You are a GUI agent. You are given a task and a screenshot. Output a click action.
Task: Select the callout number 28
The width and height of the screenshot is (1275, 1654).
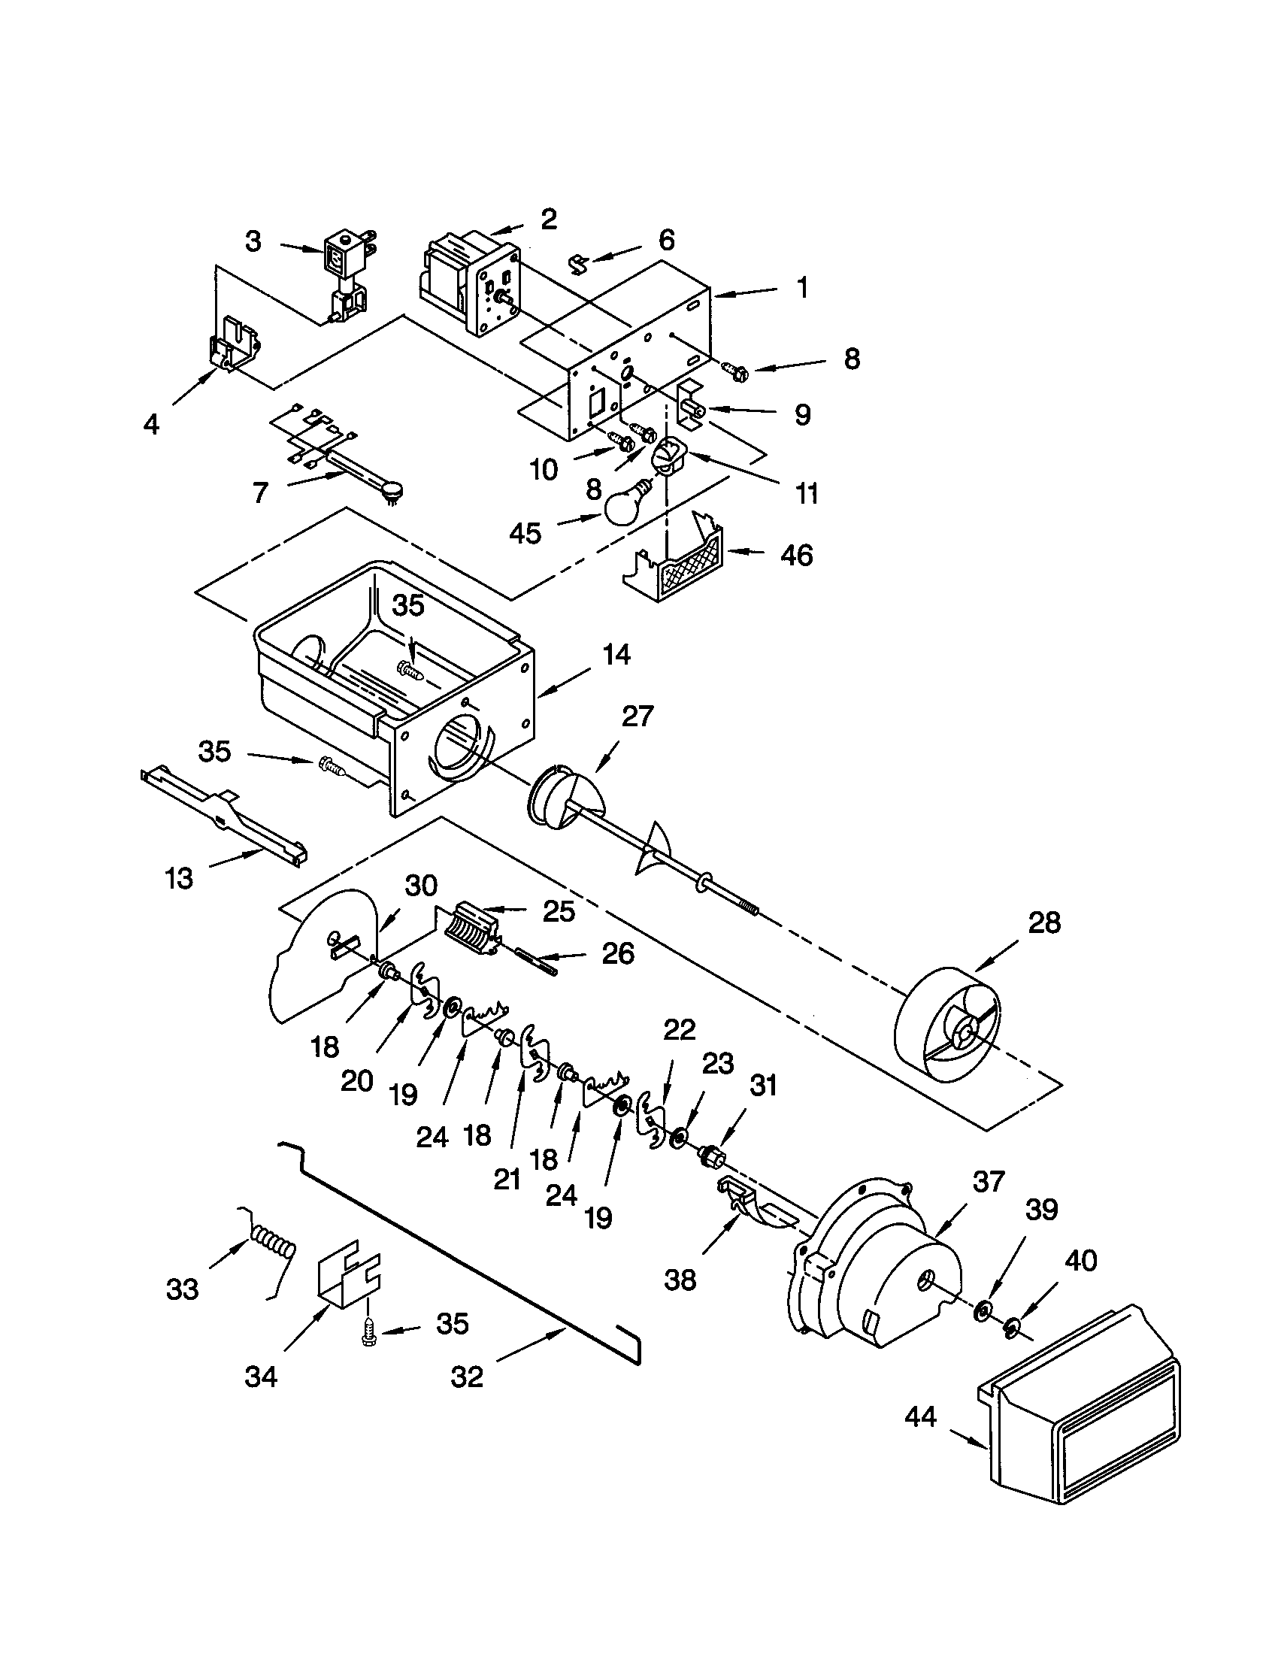tap(1044, 923)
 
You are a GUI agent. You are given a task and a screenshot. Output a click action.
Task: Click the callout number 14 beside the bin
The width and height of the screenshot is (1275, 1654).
tap(617, 654)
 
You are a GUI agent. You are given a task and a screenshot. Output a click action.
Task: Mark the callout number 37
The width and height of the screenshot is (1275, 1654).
tap(988, 1180)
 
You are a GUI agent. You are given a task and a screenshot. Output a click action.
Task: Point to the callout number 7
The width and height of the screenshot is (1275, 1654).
tap(259, 493)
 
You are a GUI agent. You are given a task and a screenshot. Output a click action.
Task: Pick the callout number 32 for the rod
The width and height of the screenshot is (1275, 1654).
tap(466, 1376)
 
